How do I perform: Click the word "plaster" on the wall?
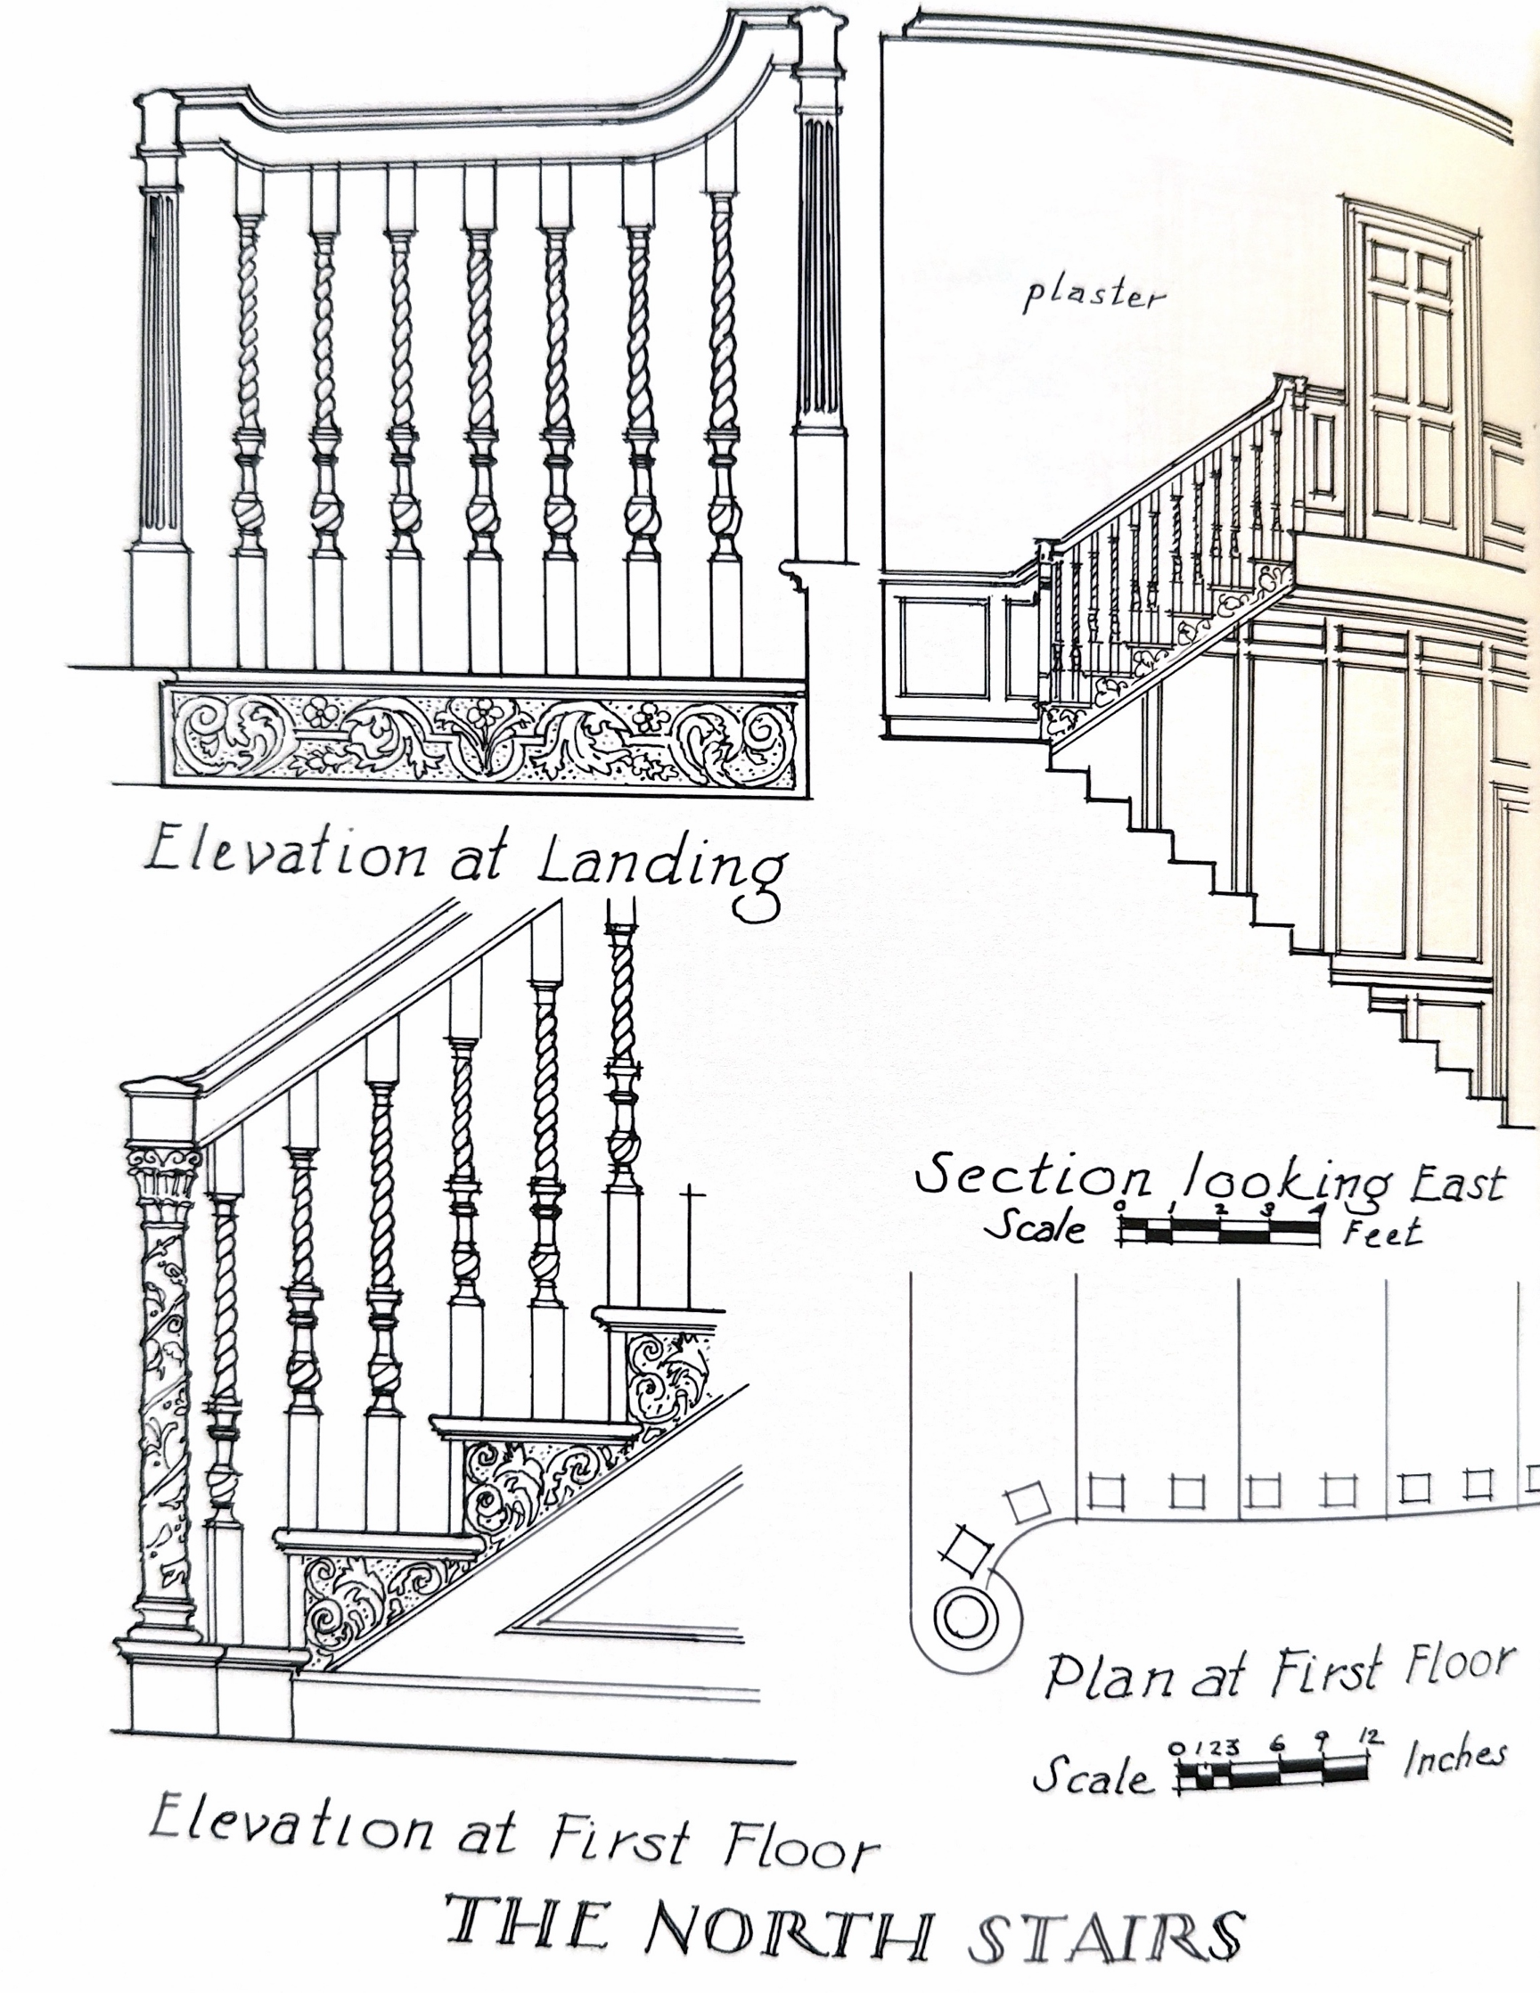coord(1093,297)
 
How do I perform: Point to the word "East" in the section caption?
coord(1458,1184)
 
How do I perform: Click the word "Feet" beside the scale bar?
coord(1382,1232)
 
